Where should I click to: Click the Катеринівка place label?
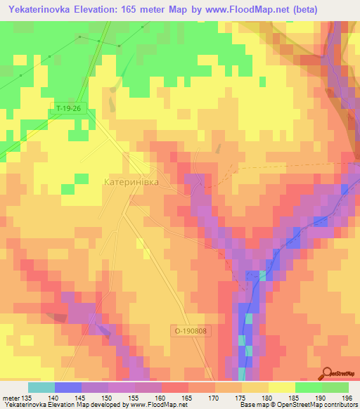click(131, 181)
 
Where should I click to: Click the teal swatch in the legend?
click(41, 387)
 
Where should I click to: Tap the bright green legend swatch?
click(309, 387)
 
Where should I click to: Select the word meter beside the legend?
click(11, 398)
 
